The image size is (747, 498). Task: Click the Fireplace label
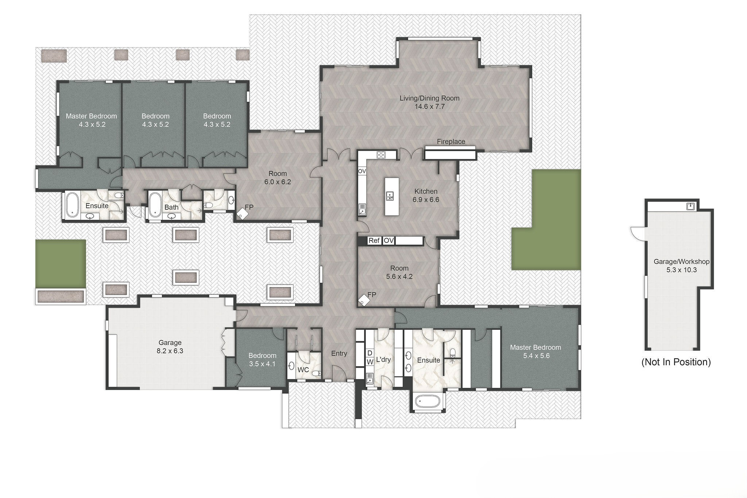click(x=451, y=142)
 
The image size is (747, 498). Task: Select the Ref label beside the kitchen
click(x=374, y=240)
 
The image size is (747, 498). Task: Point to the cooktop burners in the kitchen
click(x=381, y=155)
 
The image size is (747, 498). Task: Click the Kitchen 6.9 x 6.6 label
click(x=426, y=195)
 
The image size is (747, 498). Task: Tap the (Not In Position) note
click(x=676, y=362)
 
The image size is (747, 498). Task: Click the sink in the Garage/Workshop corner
click(x=690, y=207)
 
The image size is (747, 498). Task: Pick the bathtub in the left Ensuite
click(x=73, y=205)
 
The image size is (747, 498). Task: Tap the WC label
click(x=303, y=370)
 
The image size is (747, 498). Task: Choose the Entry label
click(x=339, y=353)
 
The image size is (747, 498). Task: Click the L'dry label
click(x=383, y=360)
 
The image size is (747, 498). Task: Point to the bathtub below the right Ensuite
click(x=429, y=403)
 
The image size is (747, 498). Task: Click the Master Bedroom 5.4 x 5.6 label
click(x=535, y=351)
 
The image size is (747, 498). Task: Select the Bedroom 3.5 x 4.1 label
click(x=262, y=359)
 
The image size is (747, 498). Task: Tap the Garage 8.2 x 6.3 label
click(x=170, y=347)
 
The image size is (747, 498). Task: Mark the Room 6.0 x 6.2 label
click(x=278, y=177)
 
